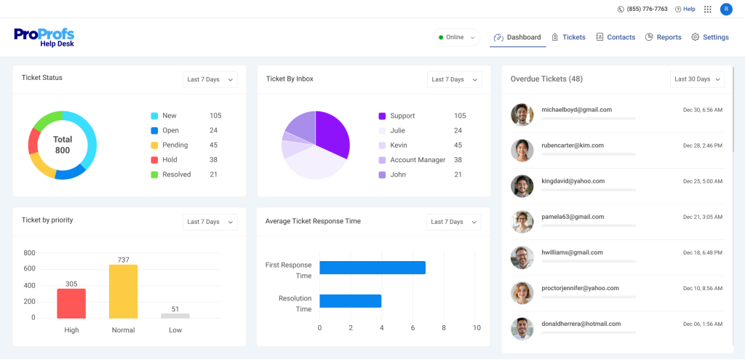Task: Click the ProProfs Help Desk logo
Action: (x=44, y=37)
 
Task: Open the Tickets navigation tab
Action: (x=568, y=37)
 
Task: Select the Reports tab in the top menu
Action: (x=663, y=37)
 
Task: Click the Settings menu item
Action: (x=709, y=37)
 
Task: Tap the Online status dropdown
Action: (x=456, y=37)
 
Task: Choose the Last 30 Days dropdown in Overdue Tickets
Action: (x=697, y=79)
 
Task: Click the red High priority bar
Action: (x=71, y=303)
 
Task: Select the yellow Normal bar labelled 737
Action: (x=123, y=291)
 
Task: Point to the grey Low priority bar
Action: (x=175, y=316)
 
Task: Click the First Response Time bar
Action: (x=372, y=268)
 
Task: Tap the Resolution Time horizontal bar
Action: (x=350, y=301)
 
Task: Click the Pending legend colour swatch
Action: (x=154, y=145)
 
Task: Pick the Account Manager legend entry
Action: (x=417, y=160)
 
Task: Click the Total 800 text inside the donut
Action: (x=63, y=145)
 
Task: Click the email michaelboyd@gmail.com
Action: (x=576, y=110)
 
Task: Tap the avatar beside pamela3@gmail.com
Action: (x=522, y=222)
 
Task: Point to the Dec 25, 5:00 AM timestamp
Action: (x=702, y=181)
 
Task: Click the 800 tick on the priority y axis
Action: (x=29, y=253)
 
